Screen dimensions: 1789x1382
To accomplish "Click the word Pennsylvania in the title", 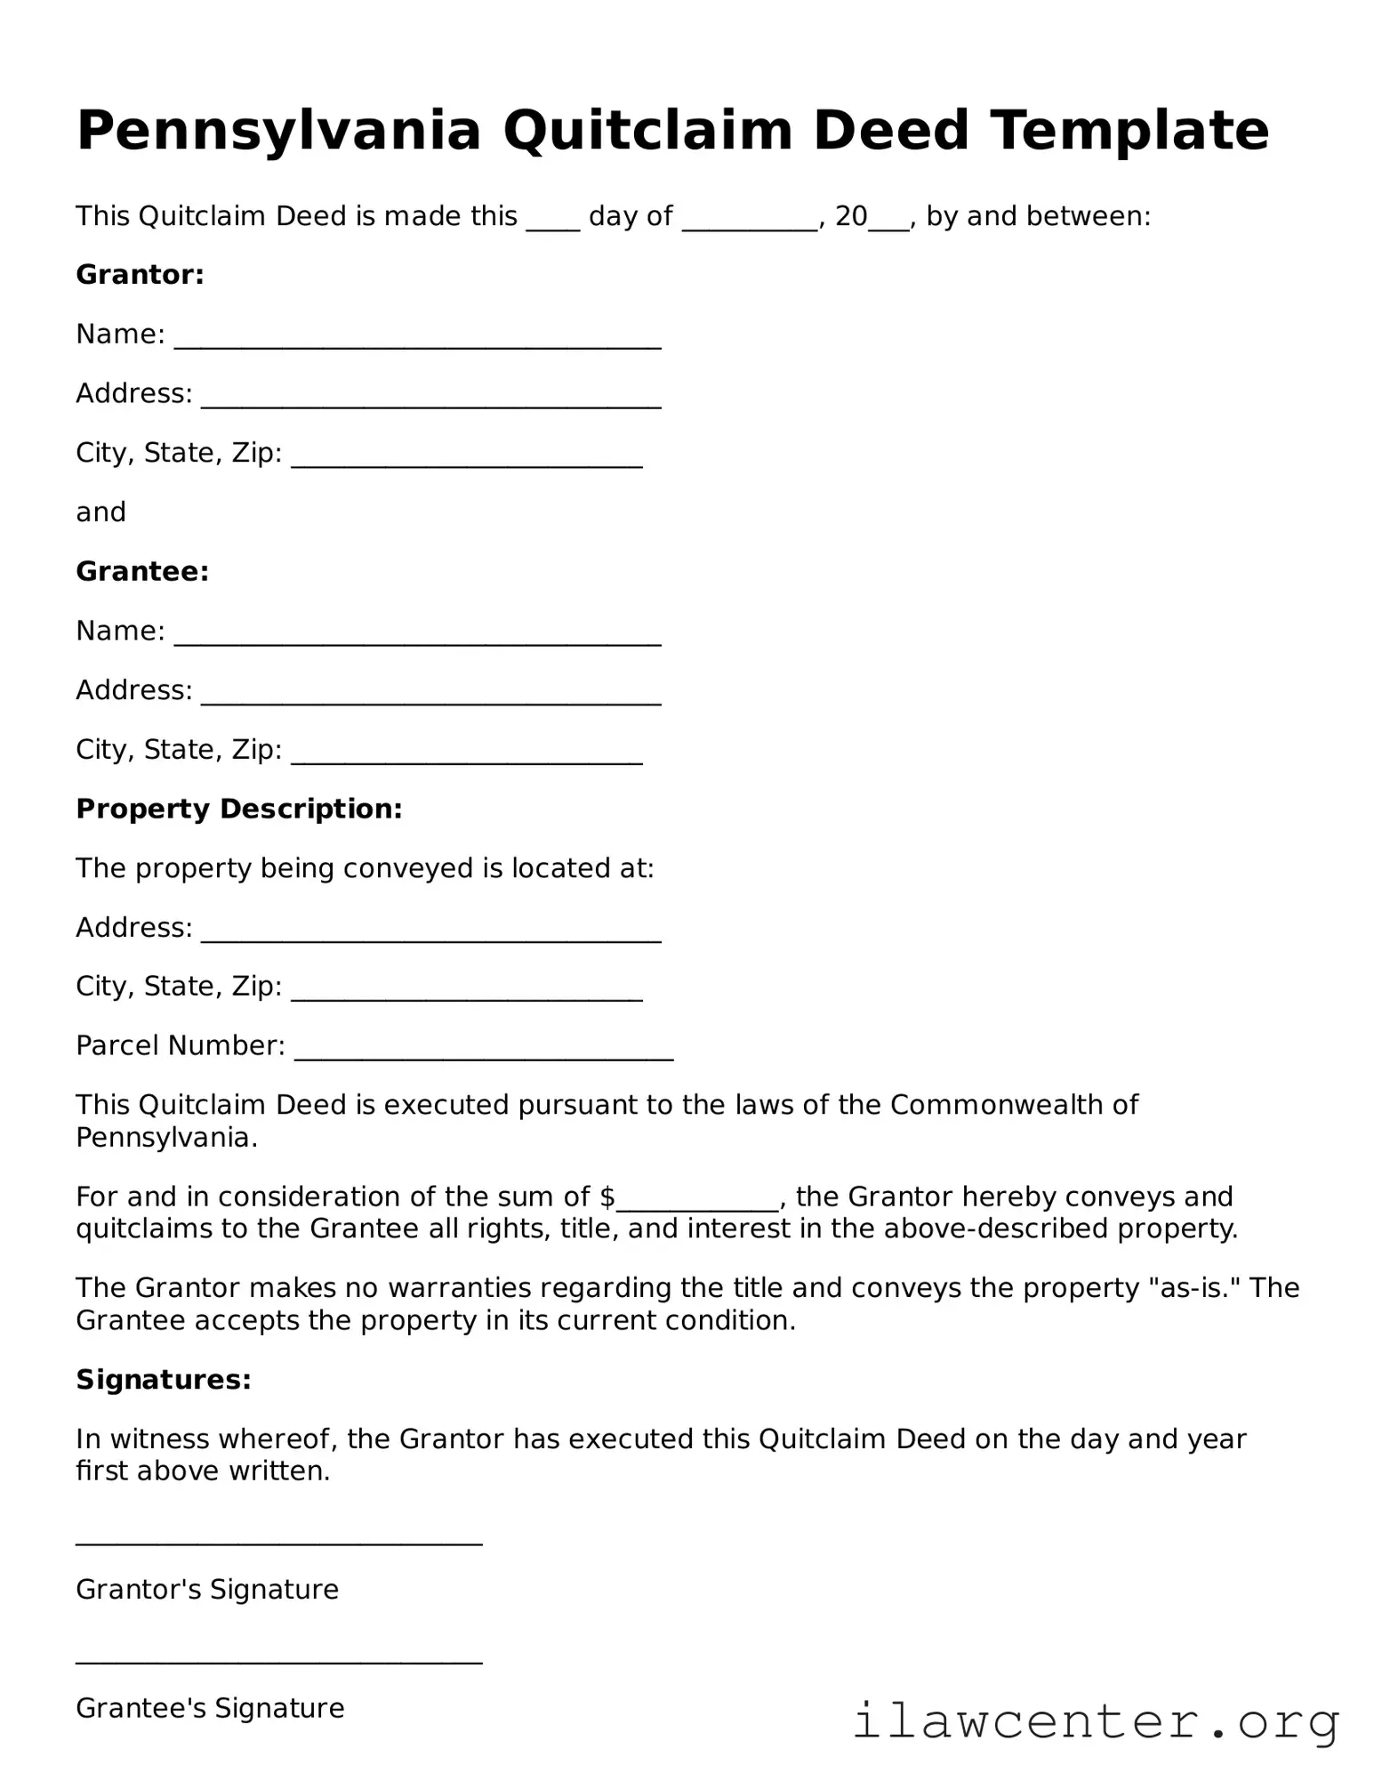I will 278,131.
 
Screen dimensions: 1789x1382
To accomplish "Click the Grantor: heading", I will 141,275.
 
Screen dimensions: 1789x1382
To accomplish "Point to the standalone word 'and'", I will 100,512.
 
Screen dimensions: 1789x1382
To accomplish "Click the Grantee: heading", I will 142,571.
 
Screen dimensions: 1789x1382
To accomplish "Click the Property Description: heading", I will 239,809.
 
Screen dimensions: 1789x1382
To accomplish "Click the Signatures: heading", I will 164,1380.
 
